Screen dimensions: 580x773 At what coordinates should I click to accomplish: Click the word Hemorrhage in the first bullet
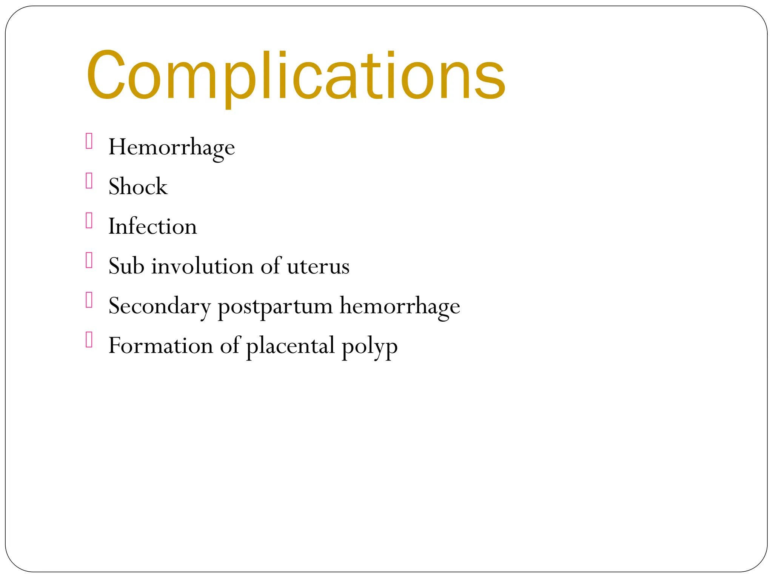[x=171, y=147]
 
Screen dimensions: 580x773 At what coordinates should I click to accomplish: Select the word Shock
[x=138, y=187]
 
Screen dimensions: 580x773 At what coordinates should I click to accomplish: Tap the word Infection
[x=152, y=227]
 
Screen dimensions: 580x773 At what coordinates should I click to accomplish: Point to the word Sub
[x=126, y=266]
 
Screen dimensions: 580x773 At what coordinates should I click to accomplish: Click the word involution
[x=203, y=266]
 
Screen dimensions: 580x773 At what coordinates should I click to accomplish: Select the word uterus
[x=318, y=267]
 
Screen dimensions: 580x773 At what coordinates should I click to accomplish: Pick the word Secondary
[x=159, y=306]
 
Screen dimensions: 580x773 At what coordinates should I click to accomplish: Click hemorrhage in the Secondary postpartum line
[x=400, y=306]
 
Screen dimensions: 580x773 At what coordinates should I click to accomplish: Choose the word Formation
[x=160, y=346]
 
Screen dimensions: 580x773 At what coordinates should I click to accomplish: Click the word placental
[x=290, y=346]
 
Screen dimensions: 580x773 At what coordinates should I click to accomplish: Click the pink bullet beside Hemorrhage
[x=89, y=141]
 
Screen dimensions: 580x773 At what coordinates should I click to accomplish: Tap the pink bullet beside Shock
[x=89, y=180]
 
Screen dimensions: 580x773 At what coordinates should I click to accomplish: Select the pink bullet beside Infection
[x=89, y=221]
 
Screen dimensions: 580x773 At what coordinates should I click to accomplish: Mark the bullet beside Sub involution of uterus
[x=89, y=260]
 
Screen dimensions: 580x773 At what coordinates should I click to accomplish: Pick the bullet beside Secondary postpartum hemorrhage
[x=89, y=300]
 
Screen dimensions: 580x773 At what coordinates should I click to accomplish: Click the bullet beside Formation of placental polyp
[x=89, y=339]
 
